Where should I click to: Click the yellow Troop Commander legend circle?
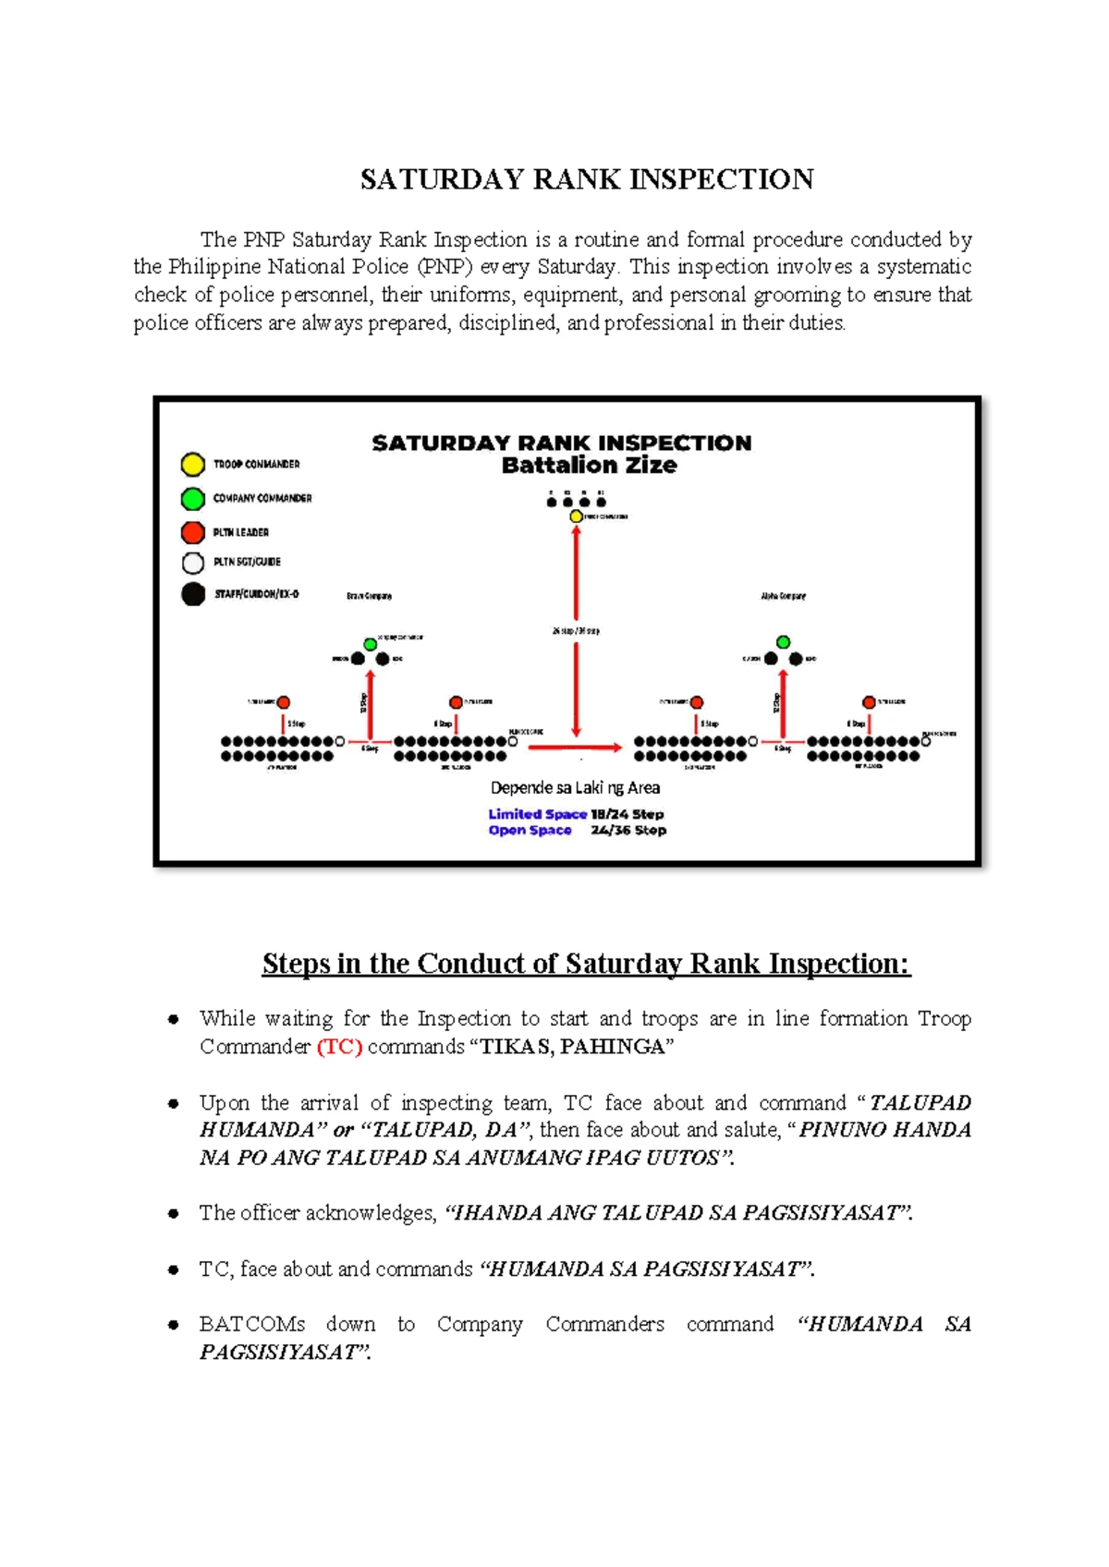pyautogui.click(x=192, y=464)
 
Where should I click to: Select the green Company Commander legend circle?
pyautogui.click(x=192, y=499)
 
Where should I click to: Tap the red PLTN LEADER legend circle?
pyautogui.click(x=192, y=532)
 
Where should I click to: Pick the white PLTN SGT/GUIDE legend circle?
pyautogui.click(x=192, y=563)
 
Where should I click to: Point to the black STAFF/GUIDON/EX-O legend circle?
pyautogui.click(x=192, y=594)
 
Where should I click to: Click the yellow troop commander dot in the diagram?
pyautogui.click(x=576, y=516)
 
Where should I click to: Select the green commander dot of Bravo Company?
pyautogui.click(x=370, y=644)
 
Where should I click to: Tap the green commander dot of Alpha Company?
pyautogui.click(x=783, y=641)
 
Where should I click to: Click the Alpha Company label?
pyautogui.click(x=783, y=596)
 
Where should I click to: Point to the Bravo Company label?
pyautogui.click(x=369, y=596)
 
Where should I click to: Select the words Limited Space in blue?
pyautogui.click(x=537, y=814)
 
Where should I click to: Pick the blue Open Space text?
pyautogui.click(x=530, y=831)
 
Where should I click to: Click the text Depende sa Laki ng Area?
pyautogui.click(x=575, y=788)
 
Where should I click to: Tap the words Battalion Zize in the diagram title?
pyautogui.click(x=589, y=466)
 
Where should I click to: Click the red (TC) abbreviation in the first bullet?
pyautogui.click(x=339, y=1047)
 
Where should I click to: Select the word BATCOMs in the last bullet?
pyautogui.click(x=251, y=1324)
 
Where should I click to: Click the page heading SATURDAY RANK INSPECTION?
pyautogui.click(x=587, y=179)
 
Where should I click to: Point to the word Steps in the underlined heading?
pyautogui.click(x=296, y=964)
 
